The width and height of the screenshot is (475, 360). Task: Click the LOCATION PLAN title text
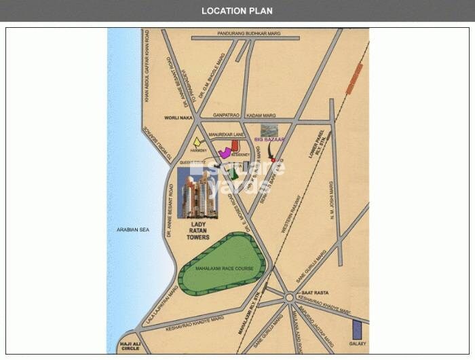point(237,11)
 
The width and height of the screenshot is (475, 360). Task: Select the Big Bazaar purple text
point(267,139)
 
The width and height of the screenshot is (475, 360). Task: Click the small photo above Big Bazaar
point(269,130)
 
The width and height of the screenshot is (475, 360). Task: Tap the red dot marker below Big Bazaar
point(273,160)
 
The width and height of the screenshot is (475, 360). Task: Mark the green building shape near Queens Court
point(234,173)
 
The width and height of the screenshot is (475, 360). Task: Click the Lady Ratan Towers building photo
point(197,193)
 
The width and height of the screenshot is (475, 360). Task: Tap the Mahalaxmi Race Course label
point(224,269)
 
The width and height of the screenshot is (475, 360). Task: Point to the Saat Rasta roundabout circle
point(290,298)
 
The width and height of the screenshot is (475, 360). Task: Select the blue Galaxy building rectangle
point(356,331)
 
